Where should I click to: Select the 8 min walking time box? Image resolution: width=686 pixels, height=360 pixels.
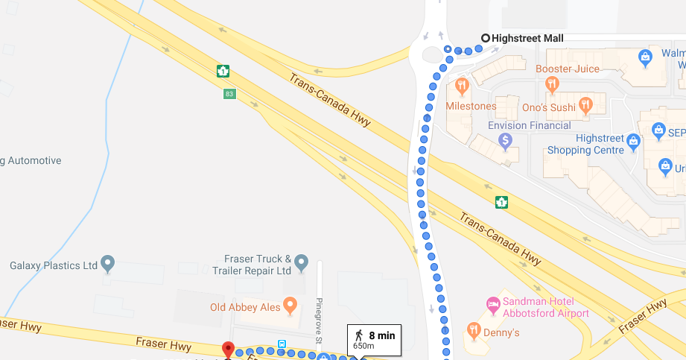pos(374,339)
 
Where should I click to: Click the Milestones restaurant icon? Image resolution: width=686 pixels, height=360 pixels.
pos(462,86)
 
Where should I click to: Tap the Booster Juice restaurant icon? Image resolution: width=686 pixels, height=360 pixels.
pos(552,84)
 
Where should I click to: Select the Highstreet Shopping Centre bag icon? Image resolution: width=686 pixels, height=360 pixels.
pos(633,140)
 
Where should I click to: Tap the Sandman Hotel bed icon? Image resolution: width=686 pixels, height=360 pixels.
pos(492,303)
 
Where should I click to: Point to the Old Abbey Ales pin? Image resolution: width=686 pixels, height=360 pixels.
pos(290,305)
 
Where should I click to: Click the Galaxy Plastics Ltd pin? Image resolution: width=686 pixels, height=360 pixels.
pos(108,263)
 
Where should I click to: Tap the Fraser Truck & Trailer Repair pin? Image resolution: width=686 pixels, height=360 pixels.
pos(301,262)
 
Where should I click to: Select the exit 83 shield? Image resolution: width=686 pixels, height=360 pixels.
pos(229,94)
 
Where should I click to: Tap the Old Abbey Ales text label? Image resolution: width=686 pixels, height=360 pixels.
pos(244,307)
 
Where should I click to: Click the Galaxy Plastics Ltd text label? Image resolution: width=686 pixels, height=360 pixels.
pos(54,265)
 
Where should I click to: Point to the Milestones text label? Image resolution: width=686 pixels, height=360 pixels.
pos(471,106)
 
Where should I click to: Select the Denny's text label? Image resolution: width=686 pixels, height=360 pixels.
pos(502,332)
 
